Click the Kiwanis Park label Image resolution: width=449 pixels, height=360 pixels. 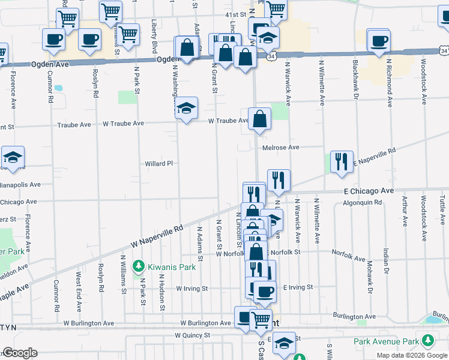(x=166, y=265)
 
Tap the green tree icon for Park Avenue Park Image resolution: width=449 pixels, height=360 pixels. (x=427, y=341)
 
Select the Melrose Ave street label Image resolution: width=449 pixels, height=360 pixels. (x=280, y=148)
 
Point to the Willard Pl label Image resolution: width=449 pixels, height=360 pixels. (x=158, y=163)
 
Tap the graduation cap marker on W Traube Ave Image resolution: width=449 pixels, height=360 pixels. (x=186, y=108)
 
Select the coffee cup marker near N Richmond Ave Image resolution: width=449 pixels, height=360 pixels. (x=379, y=41)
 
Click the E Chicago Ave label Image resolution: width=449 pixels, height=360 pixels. (x=369, y=190)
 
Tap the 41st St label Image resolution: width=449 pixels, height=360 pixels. (x=236, y=14)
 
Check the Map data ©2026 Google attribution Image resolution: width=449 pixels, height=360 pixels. (x=411, y=355)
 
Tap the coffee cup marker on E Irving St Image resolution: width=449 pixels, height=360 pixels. (x=264, y=292)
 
